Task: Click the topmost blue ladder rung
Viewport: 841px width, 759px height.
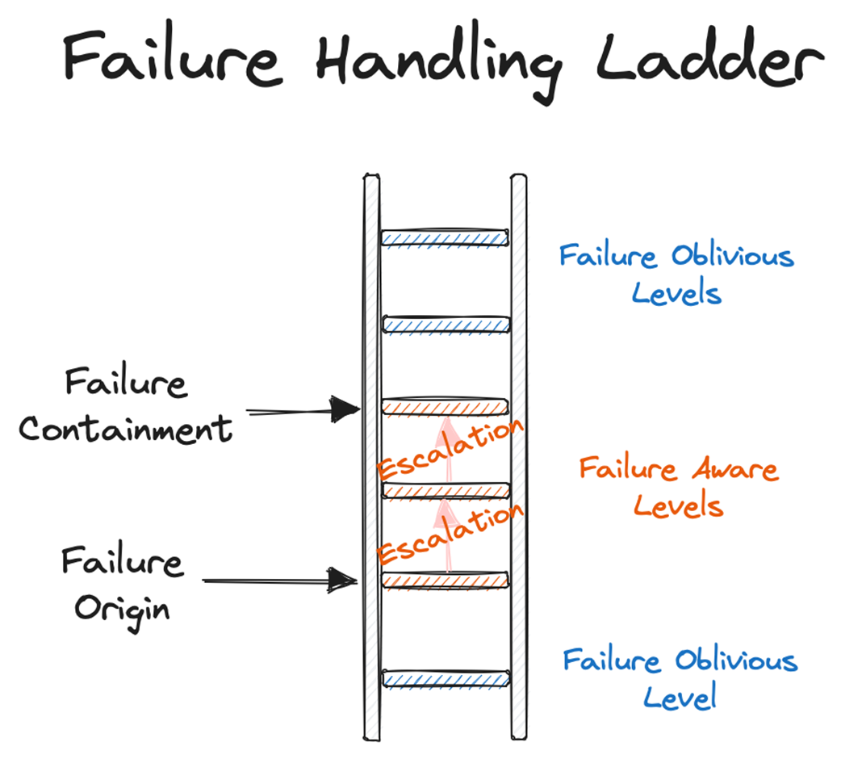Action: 445,237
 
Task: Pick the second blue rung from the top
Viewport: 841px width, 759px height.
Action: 445,325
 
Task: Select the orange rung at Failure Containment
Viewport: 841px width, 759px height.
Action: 445,407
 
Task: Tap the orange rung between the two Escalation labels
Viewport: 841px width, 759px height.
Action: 445,490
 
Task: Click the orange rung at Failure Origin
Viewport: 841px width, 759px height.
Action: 445,579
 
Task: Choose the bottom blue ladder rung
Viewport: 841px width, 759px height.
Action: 445,679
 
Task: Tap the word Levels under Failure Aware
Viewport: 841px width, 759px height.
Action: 678,506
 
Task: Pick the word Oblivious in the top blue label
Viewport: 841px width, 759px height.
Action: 732,257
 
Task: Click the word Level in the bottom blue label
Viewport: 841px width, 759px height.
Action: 680,696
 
